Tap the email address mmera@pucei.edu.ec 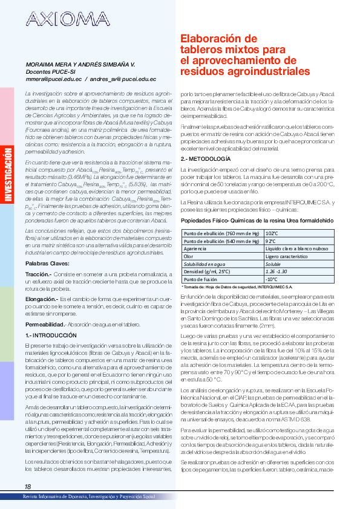[x=51, y=79]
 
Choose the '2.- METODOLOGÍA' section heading [x=205, y=158]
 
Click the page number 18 [x=28, y=487]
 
